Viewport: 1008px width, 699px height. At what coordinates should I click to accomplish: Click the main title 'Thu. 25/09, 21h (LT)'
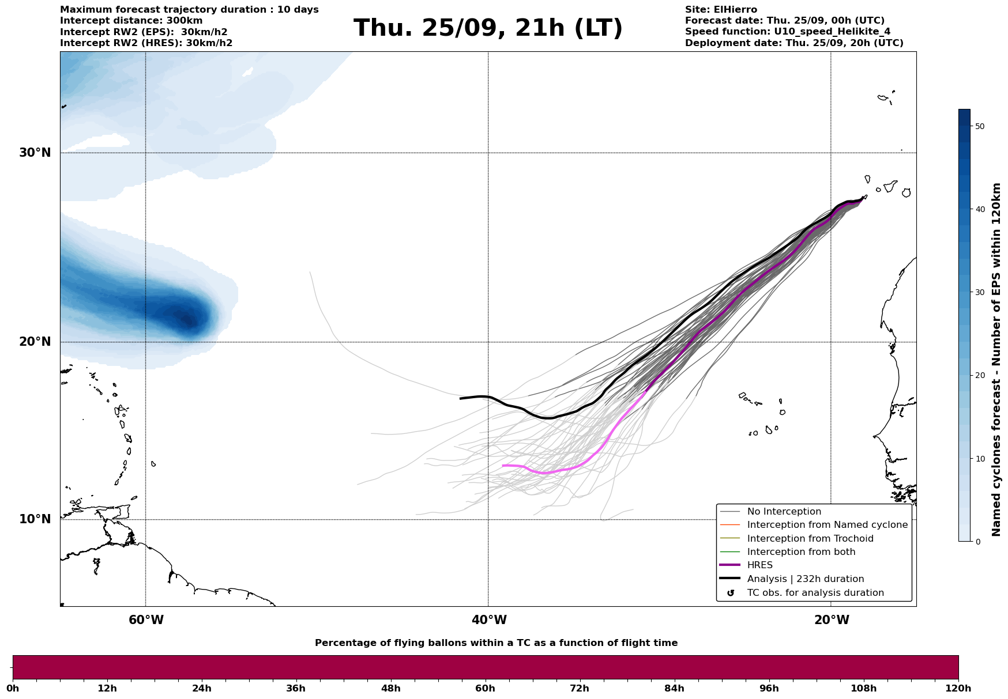[488, 28]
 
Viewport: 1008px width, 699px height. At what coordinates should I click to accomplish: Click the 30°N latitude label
[35, 153]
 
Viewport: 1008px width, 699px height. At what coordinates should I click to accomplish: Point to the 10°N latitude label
[35, 519]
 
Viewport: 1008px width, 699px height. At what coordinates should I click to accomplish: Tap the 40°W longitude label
[489, 620]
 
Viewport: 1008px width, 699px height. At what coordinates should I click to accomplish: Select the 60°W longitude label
[146, 620]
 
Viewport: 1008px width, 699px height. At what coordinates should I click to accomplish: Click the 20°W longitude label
[832, 620]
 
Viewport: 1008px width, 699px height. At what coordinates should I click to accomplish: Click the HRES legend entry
[759, 565]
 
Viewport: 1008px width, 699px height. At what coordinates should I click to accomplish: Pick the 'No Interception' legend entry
[784, 512]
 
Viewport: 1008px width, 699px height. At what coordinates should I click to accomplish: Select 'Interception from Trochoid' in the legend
[810, 539]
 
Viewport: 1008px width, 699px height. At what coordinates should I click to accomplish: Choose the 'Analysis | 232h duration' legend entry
[805, 579]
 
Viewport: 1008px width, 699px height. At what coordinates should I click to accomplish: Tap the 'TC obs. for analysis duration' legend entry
[815, 593]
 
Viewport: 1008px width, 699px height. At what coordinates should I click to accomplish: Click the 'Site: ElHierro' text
[721, 10]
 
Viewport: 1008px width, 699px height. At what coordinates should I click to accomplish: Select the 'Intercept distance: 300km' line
[131, 21]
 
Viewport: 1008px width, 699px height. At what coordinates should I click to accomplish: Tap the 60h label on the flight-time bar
[485, 688]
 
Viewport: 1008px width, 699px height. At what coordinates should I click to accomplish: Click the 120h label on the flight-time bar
[958, 688]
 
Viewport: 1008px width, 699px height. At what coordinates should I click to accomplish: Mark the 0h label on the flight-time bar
[13, 688]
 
